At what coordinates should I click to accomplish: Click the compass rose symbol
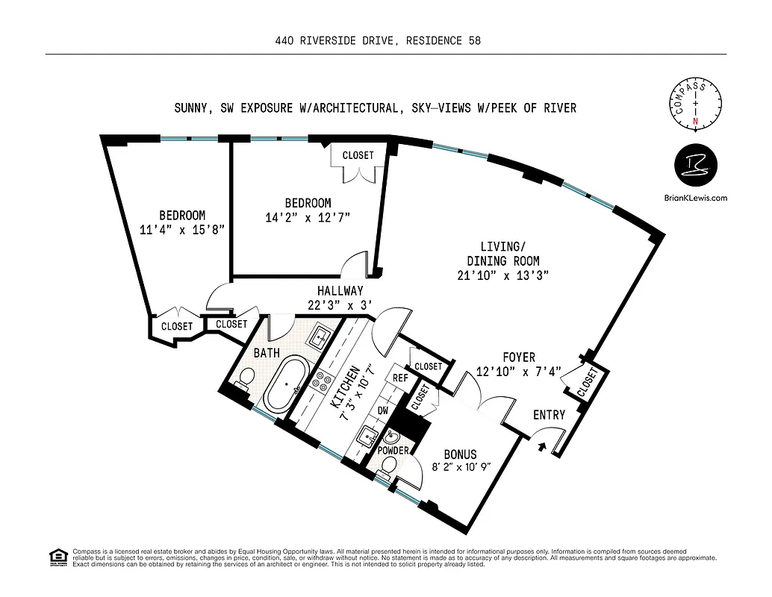(x=695, y=104)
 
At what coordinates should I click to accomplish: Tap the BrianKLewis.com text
(x=695, y=198)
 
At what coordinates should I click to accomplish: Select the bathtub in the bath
(x=280, y=384)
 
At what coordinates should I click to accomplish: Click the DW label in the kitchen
(x=383, y=410)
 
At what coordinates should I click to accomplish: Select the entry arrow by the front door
(x=543, y=447)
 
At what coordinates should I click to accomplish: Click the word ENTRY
(x=549, y=415)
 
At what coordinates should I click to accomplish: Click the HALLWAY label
(x=340, y=291)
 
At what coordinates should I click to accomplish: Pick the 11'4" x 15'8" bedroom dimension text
(x=181, y=230)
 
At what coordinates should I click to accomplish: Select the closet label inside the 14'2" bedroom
(x=358, y=155)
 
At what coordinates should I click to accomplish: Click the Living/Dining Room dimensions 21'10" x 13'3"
(x=503, y=275)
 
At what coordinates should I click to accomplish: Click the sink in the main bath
(x=320, y=336)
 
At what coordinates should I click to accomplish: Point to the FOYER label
(x=518, y=358)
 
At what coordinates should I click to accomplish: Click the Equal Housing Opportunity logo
(x=57, y=557)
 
